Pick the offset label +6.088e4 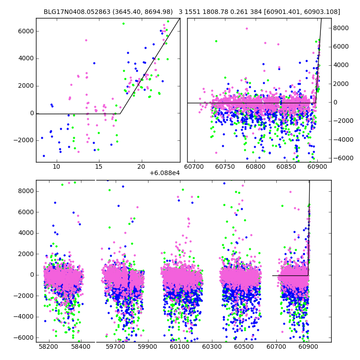click(165, 173)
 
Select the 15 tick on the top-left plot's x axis click(99, 167)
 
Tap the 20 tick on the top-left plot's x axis click(141, 167)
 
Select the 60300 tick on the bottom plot click(211, 347)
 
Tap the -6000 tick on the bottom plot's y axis click(24, 337)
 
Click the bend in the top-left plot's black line click(120, 113)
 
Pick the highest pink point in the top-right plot click(247, 28)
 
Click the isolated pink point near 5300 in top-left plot click(86, 40)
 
